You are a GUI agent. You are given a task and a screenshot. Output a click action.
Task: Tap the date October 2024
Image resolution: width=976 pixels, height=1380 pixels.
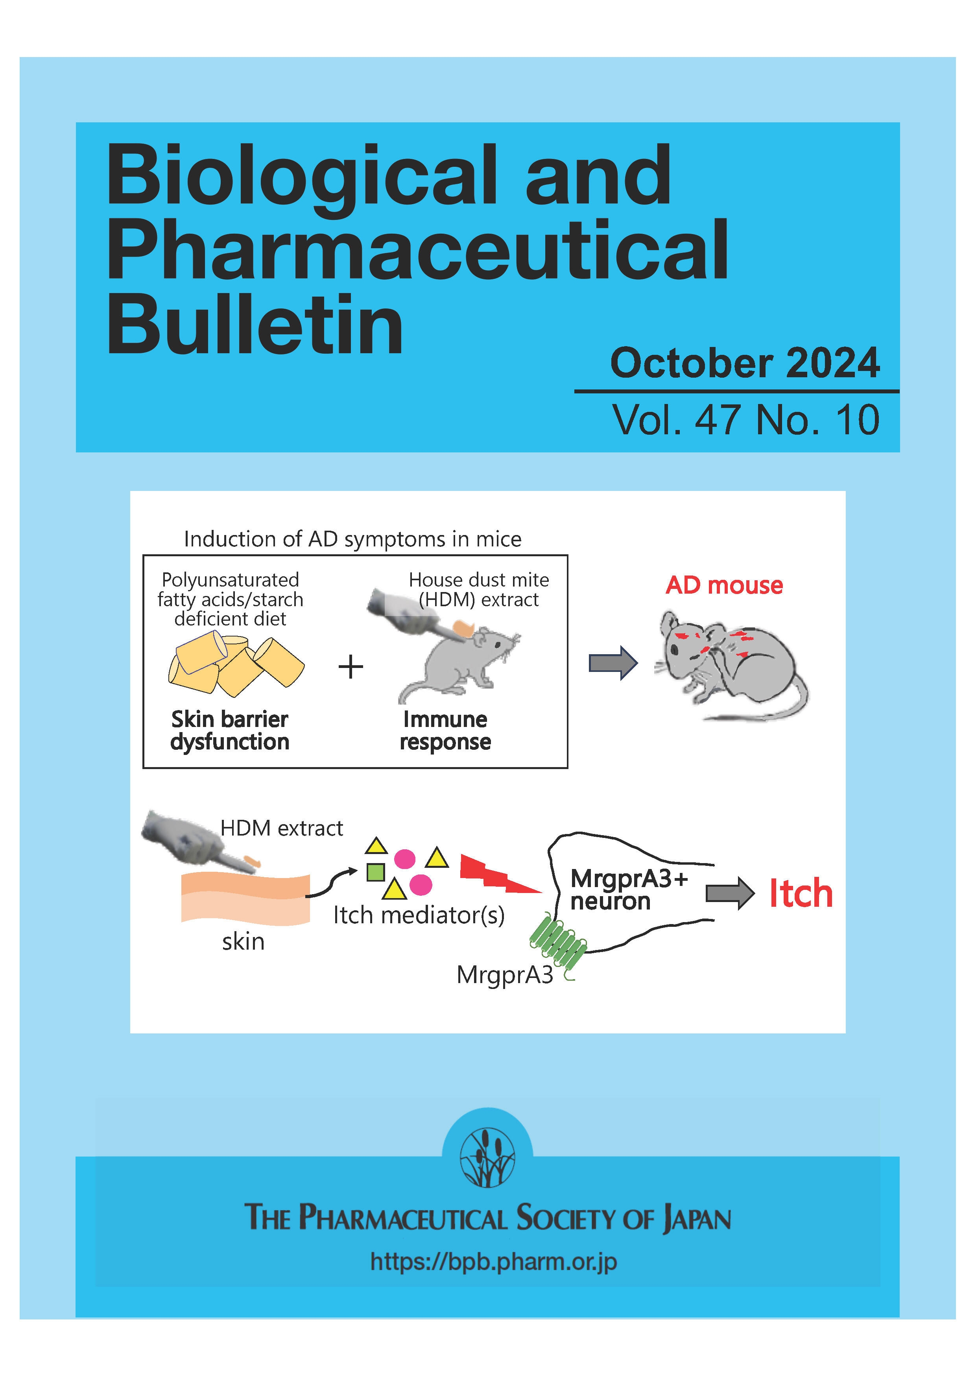745,363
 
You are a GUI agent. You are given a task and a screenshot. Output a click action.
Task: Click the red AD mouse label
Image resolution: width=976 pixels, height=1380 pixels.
724,585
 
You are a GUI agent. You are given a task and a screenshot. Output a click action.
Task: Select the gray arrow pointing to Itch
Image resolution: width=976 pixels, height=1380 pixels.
729,893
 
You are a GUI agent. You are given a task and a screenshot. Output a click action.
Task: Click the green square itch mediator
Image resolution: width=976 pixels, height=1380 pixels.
376,871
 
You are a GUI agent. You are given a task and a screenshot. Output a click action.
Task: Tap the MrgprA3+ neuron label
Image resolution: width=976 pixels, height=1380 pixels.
628,889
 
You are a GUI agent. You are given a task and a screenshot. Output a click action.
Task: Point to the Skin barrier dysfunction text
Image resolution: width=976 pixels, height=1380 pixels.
230,730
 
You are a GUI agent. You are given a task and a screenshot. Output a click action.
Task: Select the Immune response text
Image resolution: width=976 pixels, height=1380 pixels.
445,730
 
